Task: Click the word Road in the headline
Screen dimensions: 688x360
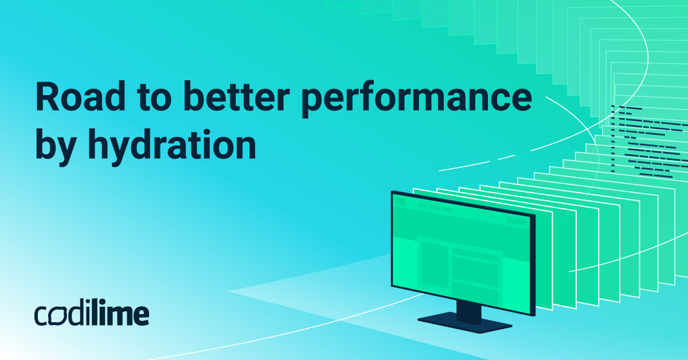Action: point(81,96)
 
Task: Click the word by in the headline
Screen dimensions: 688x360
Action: point(56,147)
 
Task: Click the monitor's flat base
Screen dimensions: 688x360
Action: point(465,322)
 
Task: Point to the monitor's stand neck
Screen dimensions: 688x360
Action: point(469,312)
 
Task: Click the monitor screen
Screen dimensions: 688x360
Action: point(462,253)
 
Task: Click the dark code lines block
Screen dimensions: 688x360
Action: point(648,141)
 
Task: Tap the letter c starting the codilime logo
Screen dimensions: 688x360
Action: point(41,316)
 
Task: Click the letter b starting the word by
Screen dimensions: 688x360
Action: point(46,144)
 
